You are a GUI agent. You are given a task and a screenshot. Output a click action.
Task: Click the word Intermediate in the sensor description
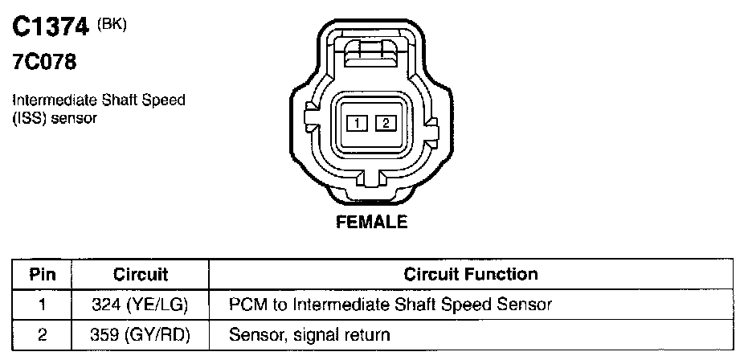point(51,100)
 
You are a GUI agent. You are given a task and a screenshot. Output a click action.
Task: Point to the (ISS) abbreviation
point(28,117)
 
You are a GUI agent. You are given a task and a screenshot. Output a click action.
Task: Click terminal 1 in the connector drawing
point(357,123)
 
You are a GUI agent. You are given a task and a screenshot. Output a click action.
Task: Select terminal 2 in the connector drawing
point(386,123)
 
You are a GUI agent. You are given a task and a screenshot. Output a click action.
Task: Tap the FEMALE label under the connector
point(371,221)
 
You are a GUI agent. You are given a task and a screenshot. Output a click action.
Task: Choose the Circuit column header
point(140,274)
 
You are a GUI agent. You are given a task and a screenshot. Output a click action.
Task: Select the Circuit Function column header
point(470,274)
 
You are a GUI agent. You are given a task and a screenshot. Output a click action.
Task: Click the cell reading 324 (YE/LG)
point(140,305)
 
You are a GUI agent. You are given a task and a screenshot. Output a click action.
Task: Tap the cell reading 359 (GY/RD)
point(140,334)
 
